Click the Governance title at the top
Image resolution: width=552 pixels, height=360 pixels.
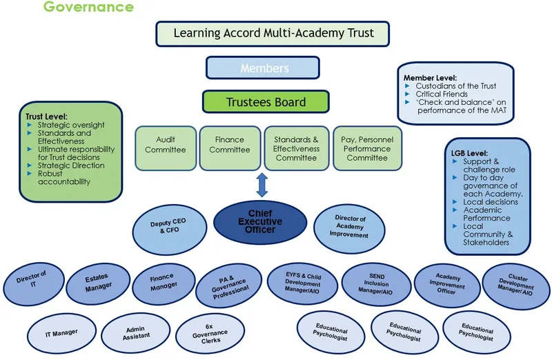click(88, 8)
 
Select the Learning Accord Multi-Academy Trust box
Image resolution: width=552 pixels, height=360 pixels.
click(273, 33)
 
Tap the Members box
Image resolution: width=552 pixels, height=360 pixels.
click(263, 68)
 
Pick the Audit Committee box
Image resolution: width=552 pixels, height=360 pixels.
click(165, 144)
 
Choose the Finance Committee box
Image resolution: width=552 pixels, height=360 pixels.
click(230, 144)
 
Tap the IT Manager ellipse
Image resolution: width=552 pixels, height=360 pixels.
click(61, 332)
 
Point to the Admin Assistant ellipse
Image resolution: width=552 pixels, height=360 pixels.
click(135, 334)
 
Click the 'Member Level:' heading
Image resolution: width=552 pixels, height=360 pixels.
click(430, 78)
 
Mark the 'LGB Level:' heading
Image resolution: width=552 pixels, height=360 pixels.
click(469, 152)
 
